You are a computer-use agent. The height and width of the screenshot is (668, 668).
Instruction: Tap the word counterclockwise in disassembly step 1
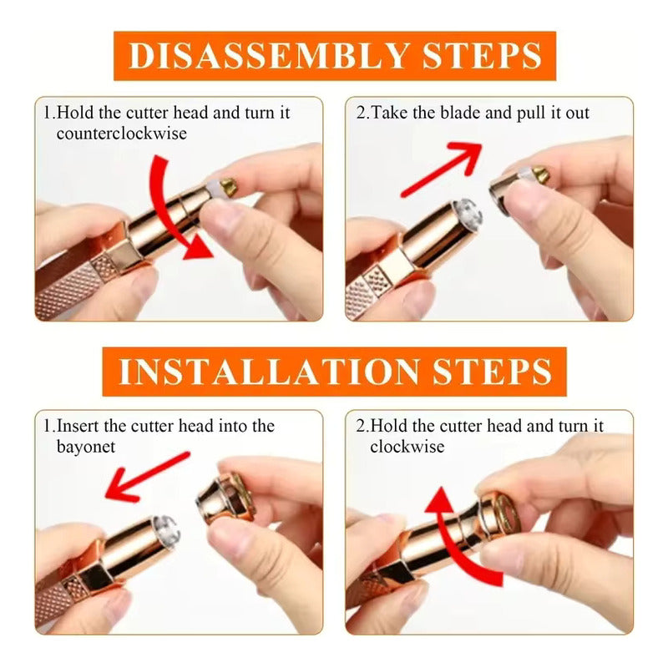pos(121,134)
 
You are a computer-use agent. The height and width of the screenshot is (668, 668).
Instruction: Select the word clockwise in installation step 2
pos(407,447)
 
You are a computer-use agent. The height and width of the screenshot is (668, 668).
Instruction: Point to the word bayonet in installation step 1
pos(86,447)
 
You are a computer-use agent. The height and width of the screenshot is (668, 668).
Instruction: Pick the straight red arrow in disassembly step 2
pos(441,170)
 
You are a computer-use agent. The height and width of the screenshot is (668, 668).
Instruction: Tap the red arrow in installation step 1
pos(147,476)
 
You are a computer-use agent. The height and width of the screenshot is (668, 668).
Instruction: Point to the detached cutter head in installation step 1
pos(225,498)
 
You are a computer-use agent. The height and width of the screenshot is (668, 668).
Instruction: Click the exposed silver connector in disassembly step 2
pos(468,215)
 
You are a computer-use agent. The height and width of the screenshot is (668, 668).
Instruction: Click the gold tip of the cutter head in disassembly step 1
pos(228,185)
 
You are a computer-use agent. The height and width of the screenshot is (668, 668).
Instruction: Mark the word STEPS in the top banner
pos(482,56)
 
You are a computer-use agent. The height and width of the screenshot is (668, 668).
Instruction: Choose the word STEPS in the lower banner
pos(493,372)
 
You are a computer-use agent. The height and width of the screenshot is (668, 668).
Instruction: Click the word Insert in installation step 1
pos(78,426)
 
